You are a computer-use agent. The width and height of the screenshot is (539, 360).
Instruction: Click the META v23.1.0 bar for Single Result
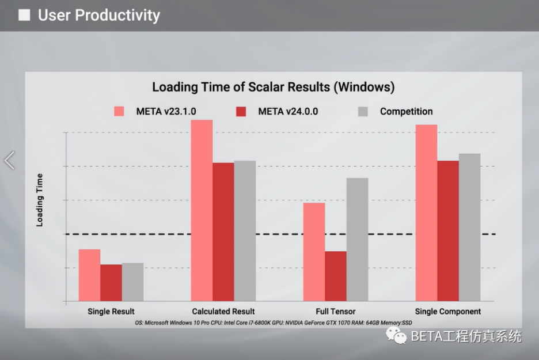coord(89,275)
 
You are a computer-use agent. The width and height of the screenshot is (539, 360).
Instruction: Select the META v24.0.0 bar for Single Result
coord(111,283)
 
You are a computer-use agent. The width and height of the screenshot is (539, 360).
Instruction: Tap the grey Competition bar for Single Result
coord(132,282)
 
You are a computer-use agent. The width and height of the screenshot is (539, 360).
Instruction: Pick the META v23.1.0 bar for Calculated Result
coord(202,210)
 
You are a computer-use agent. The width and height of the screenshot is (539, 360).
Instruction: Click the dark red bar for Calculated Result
coord(223,232)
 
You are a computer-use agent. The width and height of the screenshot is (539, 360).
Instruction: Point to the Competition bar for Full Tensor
coord(357,240)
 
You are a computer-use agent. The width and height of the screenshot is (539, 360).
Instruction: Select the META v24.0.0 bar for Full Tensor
coord(336,276)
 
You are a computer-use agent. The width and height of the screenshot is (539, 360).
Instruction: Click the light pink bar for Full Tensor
coord(314,252)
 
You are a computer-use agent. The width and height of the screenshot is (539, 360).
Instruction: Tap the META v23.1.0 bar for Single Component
coord(426,213)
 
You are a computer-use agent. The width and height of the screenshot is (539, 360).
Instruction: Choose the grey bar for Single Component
coord(469,228)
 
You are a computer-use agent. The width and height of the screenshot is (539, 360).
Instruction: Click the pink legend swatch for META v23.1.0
coord(119,111)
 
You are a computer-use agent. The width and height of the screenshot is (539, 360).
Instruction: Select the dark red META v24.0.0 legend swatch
coord(241,111)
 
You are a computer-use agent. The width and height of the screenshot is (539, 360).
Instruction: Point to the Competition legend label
coord(407,111)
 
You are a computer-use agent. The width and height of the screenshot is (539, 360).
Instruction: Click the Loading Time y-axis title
coord(40,200)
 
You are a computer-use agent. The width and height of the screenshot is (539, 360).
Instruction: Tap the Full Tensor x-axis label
coord(336,312)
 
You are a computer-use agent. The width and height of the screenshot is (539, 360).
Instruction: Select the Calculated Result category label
coord(223,312)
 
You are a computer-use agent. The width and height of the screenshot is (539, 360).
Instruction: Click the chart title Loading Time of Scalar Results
coord(274,87)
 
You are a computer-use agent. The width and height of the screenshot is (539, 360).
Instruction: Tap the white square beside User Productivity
coord(24,15)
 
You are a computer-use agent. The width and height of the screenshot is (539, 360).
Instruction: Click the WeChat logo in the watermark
coord(396,336)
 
